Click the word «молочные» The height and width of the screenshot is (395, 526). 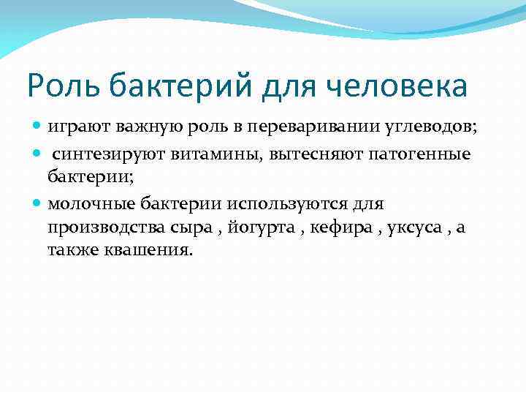click(x=88, y=203)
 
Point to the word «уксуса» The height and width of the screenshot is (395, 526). click(x=416, y=227)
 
